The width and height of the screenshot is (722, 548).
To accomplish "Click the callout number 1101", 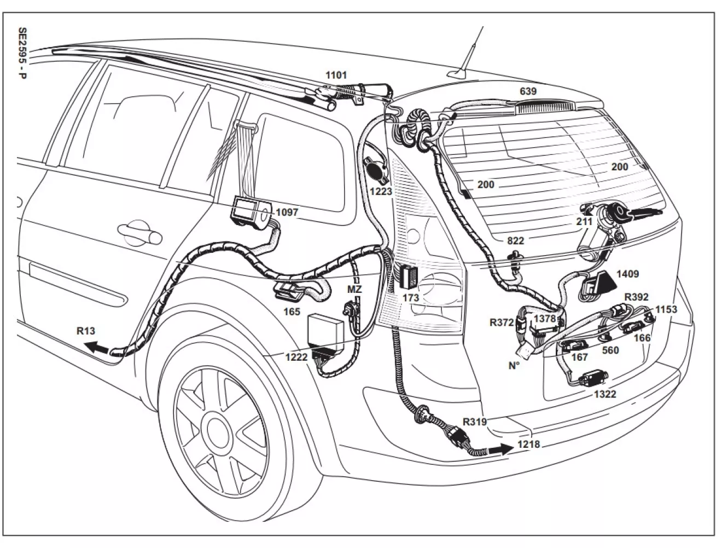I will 336,75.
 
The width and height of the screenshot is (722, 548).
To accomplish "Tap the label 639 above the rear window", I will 528,91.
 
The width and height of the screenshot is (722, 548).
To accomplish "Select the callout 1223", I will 381,191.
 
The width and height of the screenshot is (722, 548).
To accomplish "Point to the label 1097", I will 287,212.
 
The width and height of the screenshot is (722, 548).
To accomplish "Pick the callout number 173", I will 410,298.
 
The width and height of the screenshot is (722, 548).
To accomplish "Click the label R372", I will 502,322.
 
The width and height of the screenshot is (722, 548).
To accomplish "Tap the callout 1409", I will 628,274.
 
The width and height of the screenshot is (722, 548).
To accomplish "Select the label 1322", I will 605,394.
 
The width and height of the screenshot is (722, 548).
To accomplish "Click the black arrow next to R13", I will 97,347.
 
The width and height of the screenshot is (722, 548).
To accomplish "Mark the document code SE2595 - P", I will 22,53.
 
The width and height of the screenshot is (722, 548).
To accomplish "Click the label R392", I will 637,297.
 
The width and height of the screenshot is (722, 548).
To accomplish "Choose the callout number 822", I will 515,241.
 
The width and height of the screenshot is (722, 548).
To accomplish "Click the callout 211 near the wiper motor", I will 584,222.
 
